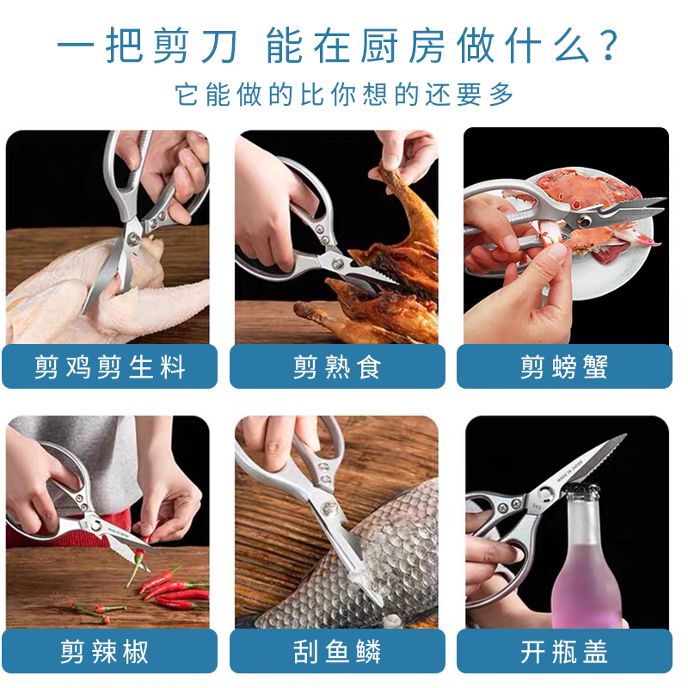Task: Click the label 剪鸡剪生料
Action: [110, 367]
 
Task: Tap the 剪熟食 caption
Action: [337, 367]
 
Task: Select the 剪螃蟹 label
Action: [564, 367]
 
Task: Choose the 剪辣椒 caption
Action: [104, 651]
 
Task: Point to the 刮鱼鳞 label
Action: [337, 651]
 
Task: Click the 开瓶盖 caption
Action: [564, 651]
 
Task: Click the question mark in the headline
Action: [609, 46]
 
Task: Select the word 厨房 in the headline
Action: [402, 46]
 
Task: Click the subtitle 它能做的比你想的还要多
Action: [344, 94]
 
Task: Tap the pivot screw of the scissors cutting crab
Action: [584, 221]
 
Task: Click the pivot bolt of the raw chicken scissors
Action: [133, 239]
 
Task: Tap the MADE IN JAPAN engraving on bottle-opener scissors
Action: [570, 471]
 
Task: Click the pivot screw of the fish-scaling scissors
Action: [328, 508]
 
